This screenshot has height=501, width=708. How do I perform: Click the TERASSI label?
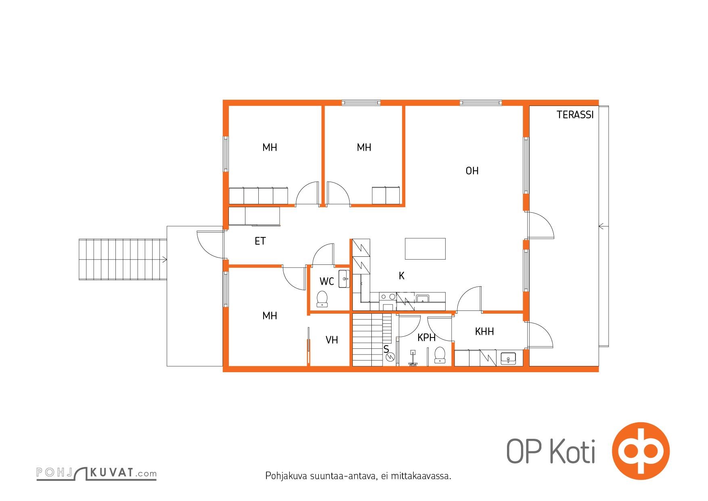coord(575,115)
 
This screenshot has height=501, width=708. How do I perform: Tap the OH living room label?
coord(472,171)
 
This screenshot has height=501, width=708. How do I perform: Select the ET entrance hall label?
coord(260,241)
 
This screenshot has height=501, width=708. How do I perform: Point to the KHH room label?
coord(484,332)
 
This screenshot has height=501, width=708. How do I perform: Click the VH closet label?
coord(332,340)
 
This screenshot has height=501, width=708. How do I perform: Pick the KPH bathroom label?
coord(426,338)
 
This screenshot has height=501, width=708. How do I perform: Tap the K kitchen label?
coord(401,276)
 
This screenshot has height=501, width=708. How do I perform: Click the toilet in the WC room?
coord(322,299)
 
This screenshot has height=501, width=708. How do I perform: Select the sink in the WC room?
coord(344,279)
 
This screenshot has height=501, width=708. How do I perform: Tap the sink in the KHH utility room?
coord(508,358)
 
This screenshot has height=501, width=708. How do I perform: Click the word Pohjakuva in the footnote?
coord(287,476)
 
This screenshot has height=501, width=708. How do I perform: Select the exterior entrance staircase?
coord(123,259)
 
